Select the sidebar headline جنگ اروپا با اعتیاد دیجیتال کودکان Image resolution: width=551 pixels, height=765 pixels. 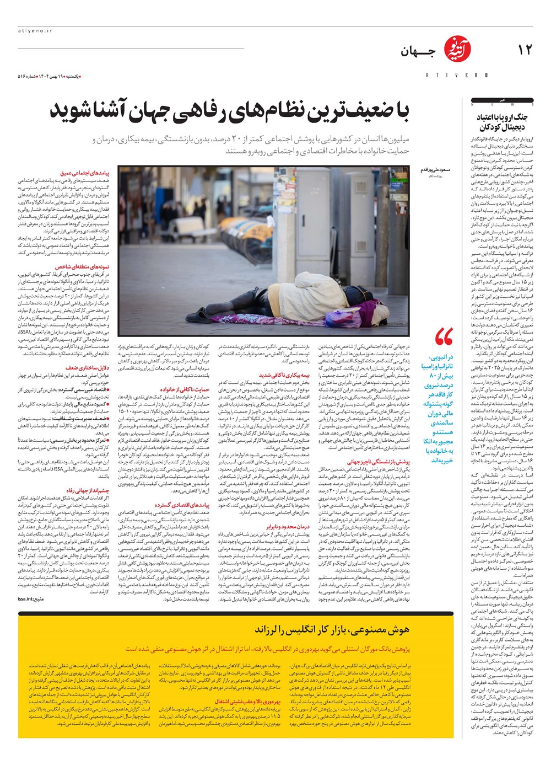[503, 122]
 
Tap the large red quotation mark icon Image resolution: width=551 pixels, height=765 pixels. [444, 337]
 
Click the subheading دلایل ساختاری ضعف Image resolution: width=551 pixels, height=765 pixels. [88, 368]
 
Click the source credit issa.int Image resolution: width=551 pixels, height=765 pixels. [31, 598]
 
